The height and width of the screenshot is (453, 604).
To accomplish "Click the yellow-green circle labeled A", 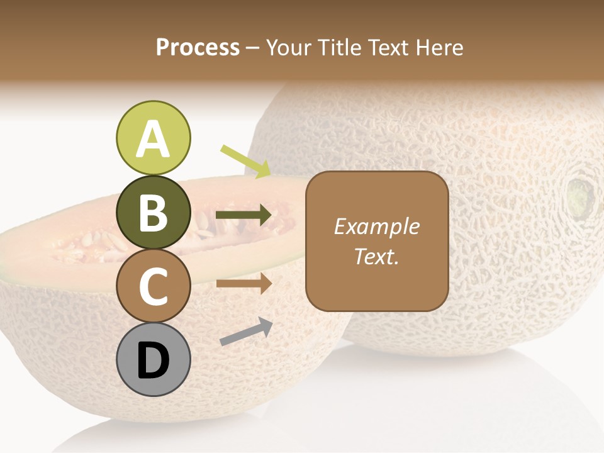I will [x=153, y=138].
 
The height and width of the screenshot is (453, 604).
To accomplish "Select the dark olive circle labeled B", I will [x=153, y=213].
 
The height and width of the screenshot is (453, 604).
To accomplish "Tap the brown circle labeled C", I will [x=153, y=286].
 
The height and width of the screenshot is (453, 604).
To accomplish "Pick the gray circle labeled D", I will [x=153, y=360].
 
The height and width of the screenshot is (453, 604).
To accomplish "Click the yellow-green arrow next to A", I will [x=245, y=161].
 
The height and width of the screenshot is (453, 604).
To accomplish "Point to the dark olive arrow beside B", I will [x=243, y=215].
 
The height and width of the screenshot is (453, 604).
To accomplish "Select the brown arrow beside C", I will [x=243, y=284].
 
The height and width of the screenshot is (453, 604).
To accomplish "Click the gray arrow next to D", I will [x=246, y=332].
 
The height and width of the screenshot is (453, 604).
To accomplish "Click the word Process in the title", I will [x=198, y=47].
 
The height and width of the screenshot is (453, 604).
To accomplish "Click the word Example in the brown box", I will [x=377, y=226].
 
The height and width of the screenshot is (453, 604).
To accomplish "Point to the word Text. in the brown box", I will [x=377, y=256].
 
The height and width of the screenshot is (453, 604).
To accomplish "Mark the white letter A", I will [x=153, y=139].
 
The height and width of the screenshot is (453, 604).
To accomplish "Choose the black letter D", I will [x=153, y=361].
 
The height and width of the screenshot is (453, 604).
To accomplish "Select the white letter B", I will [x=153, y=213].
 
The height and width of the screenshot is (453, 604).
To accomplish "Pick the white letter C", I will [x=153, y=287].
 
